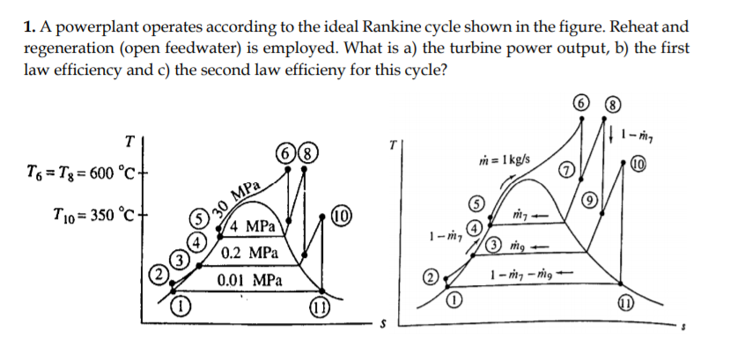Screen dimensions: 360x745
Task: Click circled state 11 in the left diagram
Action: (321, 309)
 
